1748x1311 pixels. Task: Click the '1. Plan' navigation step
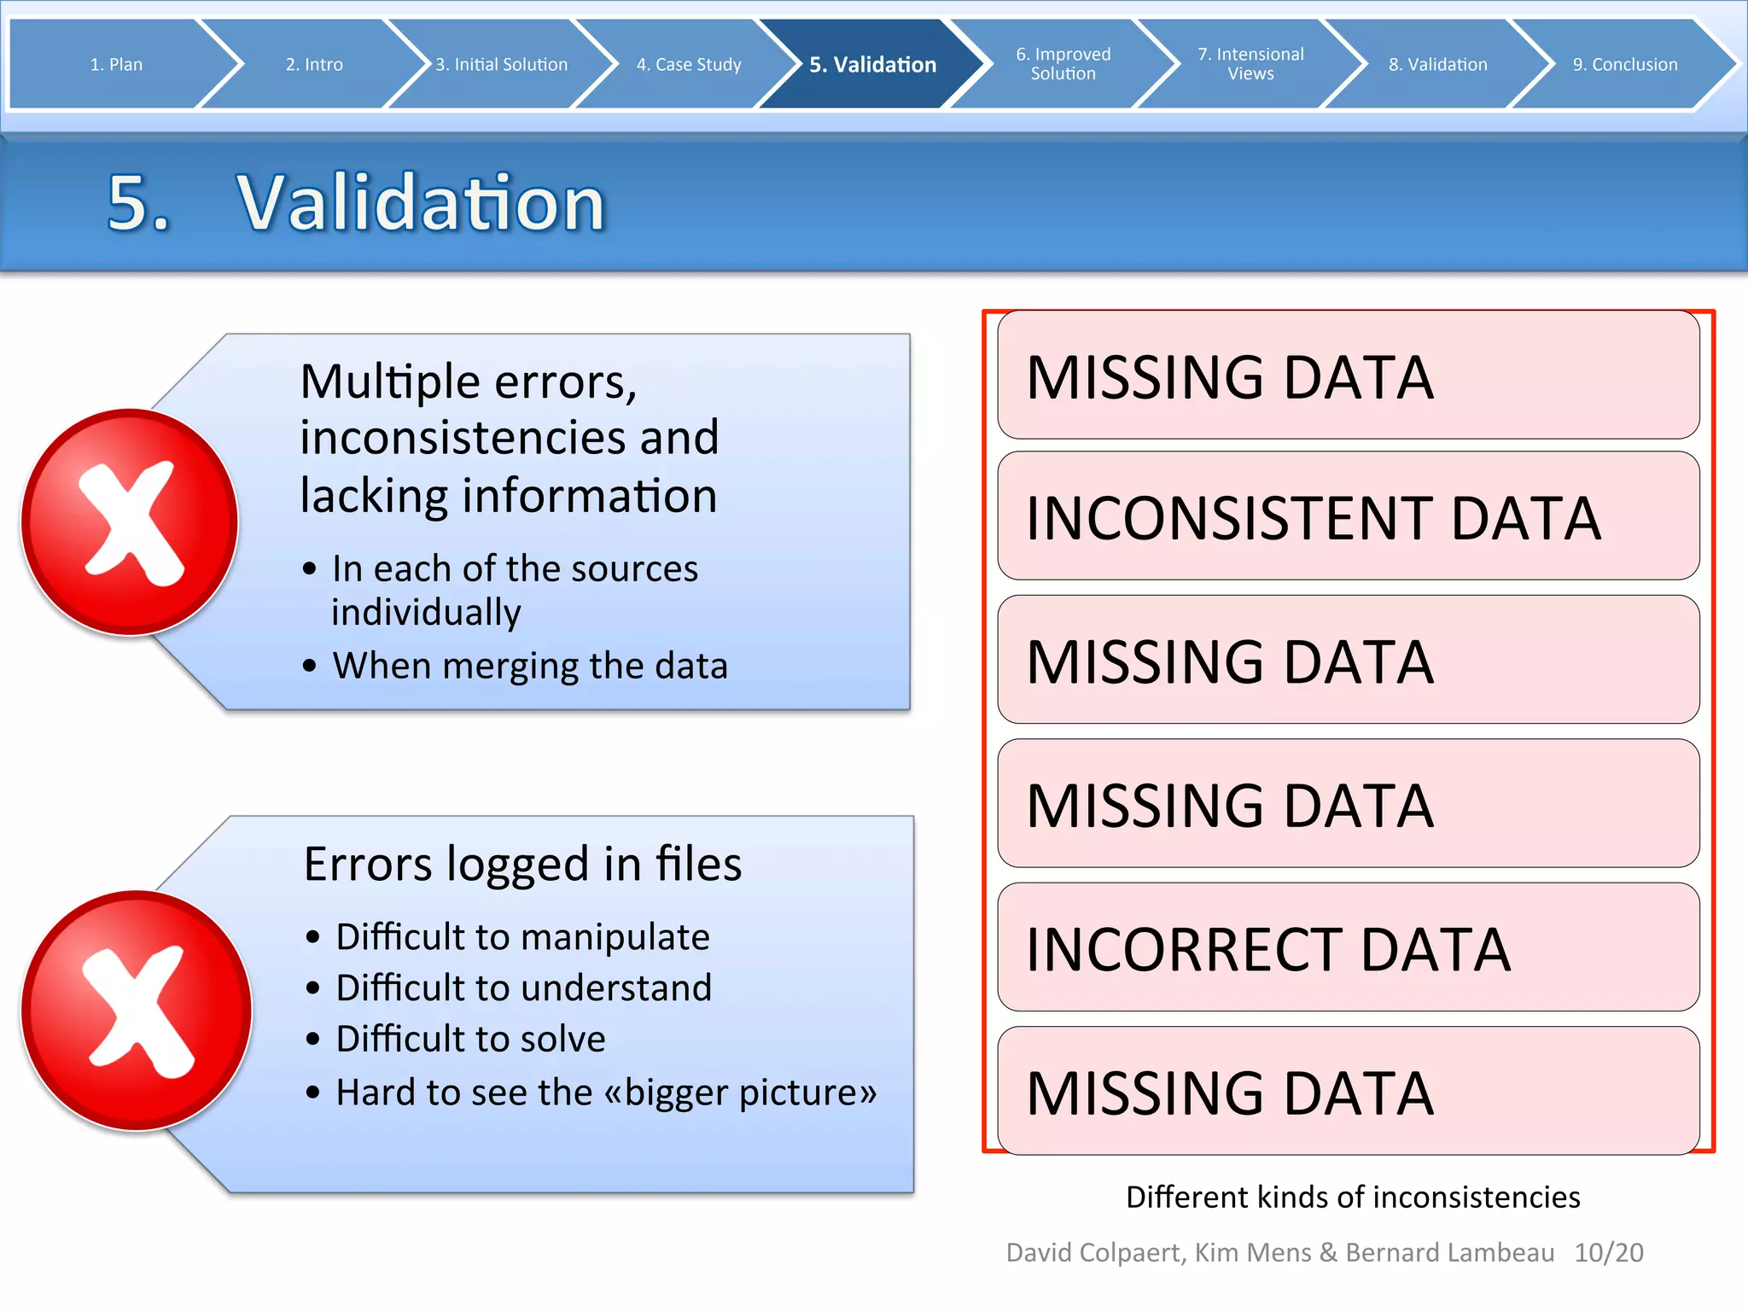(x=116, y=65)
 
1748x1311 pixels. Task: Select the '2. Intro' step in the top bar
(x=314, y=65)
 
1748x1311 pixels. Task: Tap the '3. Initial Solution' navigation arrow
(x=502, y=65)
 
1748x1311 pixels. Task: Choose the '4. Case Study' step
(x=689, y=65)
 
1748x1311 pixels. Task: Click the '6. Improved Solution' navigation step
(x=1063, y=64)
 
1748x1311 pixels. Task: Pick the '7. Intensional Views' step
(x=1250, y=64)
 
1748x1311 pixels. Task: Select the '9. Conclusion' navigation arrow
(x=1624, y=65)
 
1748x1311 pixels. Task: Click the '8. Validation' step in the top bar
(x=1437, y=65)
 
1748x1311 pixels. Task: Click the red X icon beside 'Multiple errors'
(x=130, y=522)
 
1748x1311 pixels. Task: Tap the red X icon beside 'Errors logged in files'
(x=137, y=1011)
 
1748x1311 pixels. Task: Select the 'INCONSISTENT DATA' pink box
(x=1348, y=517)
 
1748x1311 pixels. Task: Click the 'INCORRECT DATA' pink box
(x=1348, y=948)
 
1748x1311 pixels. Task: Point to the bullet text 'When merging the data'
(x=530, y=666)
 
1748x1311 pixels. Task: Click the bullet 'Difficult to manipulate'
(x=522, y=937)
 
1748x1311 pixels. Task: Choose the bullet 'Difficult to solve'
(x=470, y=1040)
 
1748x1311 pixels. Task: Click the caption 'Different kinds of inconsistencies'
(x=1353, y=1197)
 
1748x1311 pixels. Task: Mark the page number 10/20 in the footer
(x=1608, y=1252)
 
